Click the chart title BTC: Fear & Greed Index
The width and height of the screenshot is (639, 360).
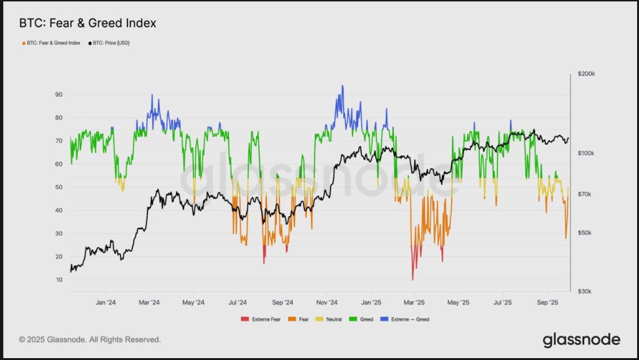88,24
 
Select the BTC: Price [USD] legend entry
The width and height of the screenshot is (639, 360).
111,43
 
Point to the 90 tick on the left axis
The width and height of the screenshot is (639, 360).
59,95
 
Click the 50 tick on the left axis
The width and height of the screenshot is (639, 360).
59,187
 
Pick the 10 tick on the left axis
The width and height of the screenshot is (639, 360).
59,280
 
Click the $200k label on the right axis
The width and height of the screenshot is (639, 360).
586,74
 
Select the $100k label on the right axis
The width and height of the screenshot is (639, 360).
586,153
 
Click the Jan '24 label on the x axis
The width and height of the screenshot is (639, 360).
105,303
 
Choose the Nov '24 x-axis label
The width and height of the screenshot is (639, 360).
326,303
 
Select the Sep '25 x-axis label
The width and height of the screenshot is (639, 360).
547,303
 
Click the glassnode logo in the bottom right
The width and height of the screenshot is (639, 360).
581,339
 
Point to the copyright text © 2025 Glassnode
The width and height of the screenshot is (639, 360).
90,339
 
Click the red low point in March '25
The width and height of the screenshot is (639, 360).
412,280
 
